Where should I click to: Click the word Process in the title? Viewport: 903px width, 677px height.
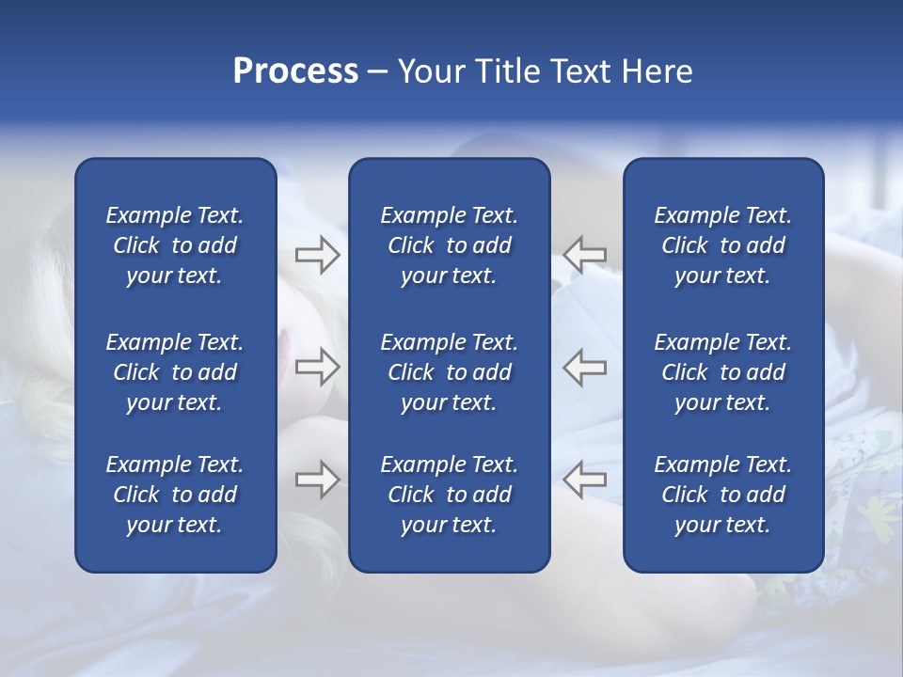click(x=295, y=71)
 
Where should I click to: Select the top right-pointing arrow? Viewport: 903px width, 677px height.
click(x=317, y=255)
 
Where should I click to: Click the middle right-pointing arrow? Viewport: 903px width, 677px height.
click(x=317, y=367)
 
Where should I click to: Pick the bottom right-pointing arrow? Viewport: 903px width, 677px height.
click(x=317, y=480)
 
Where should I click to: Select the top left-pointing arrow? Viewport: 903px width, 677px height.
click(x=584, y=254)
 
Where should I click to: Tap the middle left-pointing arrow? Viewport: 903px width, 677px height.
click(x=584, y=367)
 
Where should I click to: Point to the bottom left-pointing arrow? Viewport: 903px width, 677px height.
click(x=584, y=480)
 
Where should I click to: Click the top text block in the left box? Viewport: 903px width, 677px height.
click(x=175, y=245)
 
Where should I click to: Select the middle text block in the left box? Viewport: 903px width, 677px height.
click(x=175, y=372)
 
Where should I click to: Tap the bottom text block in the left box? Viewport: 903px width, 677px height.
click(x=175, y=495)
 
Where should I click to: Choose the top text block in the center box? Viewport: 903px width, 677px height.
click(x=450, y=245)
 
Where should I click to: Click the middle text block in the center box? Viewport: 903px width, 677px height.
click(x=450, y=372)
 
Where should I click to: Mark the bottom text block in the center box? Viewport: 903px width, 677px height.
click(x=450, y=495)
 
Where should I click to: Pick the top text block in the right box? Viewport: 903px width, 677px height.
click(x=723, y=245)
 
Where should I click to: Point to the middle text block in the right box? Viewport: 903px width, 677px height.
click(x=723, y=372)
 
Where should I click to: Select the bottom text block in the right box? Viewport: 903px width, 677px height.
click(x=723, y=495)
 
